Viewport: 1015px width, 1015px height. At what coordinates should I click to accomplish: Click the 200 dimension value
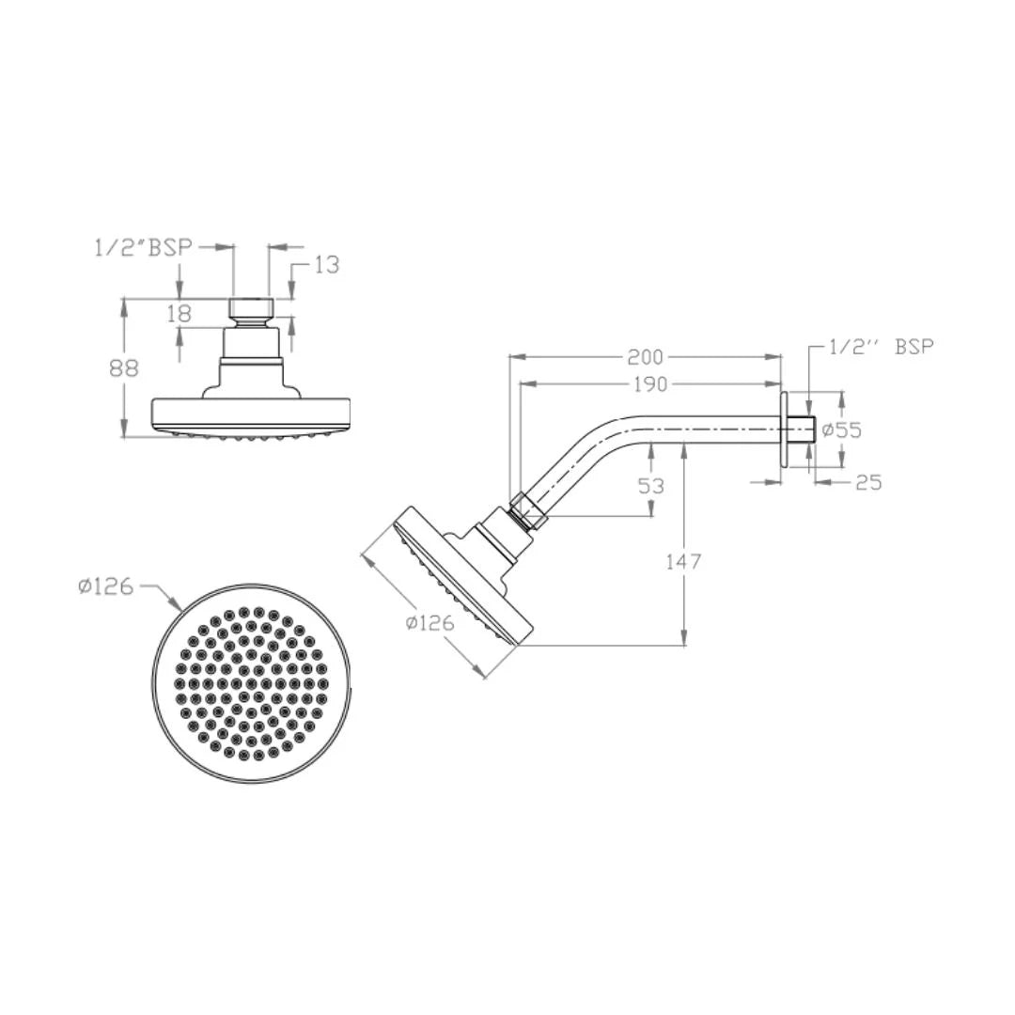[647, 357]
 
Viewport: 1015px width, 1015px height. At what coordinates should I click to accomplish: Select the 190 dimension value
[649, 384]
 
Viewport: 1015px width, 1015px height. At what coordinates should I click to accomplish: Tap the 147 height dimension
[683, 562]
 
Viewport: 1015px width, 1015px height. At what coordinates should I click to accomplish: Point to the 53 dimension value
[650, 486]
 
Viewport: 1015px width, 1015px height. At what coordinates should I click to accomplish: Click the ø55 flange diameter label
[841, 430]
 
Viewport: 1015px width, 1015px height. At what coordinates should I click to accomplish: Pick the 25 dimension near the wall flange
[869, 482]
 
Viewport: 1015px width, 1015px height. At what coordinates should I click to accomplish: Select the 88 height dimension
[124, 367]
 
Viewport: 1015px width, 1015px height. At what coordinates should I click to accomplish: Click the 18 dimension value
[180, 314]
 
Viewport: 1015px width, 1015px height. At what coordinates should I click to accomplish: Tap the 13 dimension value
[326, 265]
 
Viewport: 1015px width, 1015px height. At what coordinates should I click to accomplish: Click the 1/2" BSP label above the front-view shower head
[142, 246]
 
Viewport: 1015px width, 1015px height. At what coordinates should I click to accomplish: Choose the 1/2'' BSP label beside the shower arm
[882, 347]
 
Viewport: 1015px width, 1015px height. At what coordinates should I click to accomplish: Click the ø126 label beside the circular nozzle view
[105, 586]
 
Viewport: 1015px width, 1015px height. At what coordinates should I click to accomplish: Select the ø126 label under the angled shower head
[429, 622]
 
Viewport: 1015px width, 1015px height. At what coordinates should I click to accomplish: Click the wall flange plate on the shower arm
[783, 429]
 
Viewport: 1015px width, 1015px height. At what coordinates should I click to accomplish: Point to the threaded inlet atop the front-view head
[251, 308]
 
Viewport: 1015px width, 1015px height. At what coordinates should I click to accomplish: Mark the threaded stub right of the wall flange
[800, 429]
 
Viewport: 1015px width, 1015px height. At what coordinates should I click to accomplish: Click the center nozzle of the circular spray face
[252, 683]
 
